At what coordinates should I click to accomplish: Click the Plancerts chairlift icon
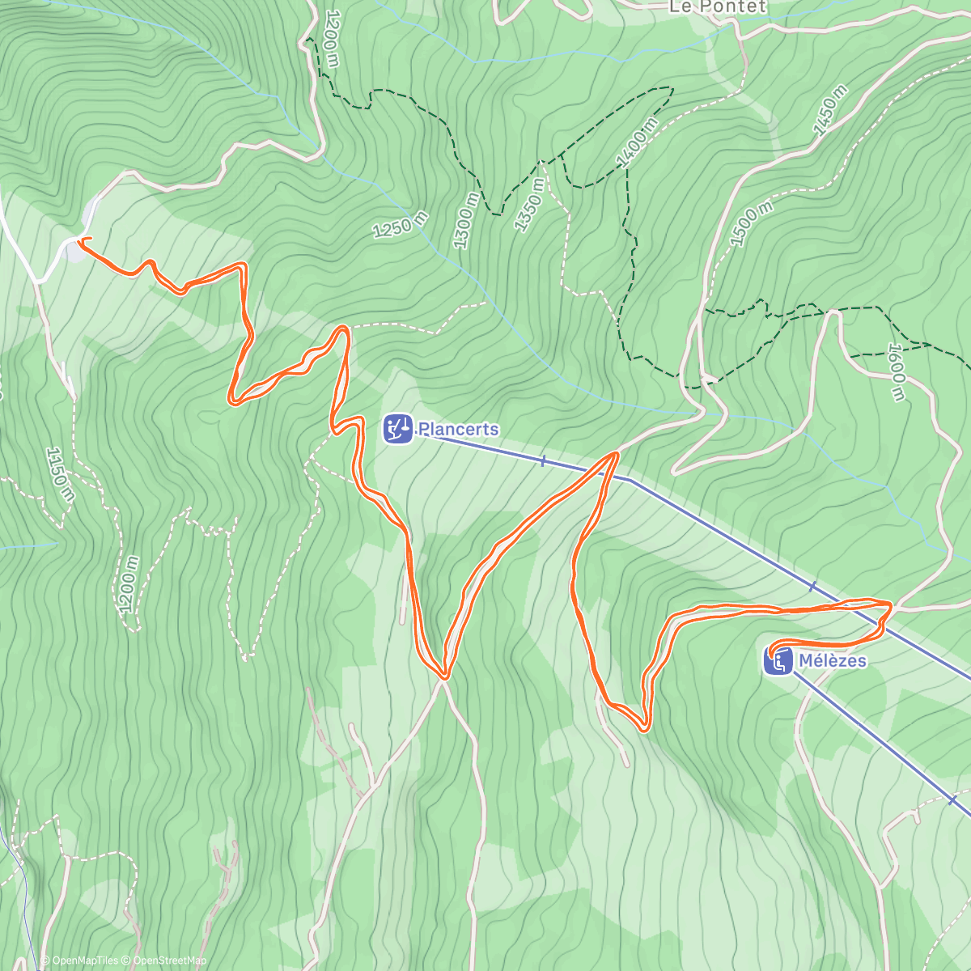[x=397, y=428]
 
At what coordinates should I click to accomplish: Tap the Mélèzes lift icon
[x=778, y=661]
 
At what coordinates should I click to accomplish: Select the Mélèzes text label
[x=832, y=661]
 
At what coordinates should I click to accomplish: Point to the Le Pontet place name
[x=706, y=7]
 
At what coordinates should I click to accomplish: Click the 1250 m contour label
[x=400, y=225]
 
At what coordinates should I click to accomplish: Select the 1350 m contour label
[x=528, y=207]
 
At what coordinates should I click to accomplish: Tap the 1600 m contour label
[x=896, y=372]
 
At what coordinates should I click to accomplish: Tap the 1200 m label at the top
[x=330, y=39]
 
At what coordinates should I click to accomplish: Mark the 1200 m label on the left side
[x=128, y=584]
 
